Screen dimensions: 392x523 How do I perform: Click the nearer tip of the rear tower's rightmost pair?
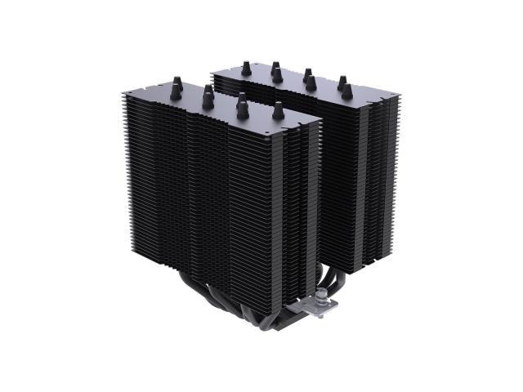point(346,90)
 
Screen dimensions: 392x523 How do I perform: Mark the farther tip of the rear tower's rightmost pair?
point(341,80)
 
